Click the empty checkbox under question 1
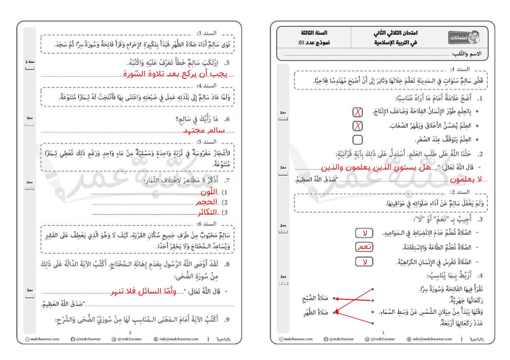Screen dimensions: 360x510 pos(357,140)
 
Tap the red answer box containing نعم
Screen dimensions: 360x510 pos(364,247)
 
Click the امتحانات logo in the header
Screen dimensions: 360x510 pos(463,37)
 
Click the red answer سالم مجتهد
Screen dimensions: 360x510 pos(204,130)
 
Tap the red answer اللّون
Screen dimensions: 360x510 pos(209,192)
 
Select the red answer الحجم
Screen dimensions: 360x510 pos(207,202)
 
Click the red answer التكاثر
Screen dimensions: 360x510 pos(207,212)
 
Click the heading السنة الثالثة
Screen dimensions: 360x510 pos(314,33)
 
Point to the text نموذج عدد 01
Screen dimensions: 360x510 pos(314,42)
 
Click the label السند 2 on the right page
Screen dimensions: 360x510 pos(460,192)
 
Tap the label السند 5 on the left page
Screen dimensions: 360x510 pos(206,142)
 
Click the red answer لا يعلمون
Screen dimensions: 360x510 pos(466,180)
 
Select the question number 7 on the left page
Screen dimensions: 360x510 pos(227,180)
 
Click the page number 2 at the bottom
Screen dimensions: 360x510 pos(130,332)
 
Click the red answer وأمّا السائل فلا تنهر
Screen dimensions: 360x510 pos(144,291)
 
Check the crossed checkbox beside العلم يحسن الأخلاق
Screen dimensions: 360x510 pos(357,126)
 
